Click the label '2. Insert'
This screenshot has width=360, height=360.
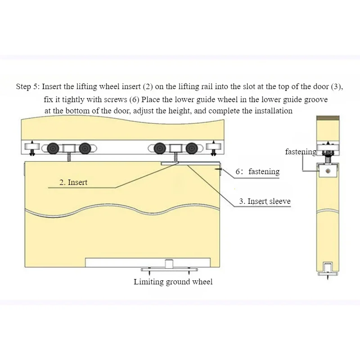73,182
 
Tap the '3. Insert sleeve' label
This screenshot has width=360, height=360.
265,201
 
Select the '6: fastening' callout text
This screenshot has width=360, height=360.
257,171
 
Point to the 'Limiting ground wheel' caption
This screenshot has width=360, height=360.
173,282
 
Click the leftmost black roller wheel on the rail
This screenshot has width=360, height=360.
53,148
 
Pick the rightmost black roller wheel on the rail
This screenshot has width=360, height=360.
192,148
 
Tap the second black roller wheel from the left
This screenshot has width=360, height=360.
85,148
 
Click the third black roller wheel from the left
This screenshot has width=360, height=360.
160,148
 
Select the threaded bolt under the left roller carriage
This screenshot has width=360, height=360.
69,157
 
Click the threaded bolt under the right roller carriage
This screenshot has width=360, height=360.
176,157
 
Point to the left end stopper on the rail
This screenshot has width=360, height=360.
32,148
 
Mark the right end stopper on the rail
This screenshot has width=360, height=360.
213,148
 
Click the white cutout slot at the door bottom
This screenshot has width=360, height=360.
148,262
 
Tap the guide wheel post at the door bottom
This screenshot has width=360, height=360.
169,264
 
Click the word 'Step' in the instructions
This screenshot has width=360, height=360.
23,87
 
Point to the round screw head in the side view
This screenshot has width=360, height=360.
328,171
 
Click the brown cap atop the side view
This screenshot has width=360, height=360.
328,118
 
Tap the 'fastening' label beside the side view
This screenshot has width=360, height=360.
301,152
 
